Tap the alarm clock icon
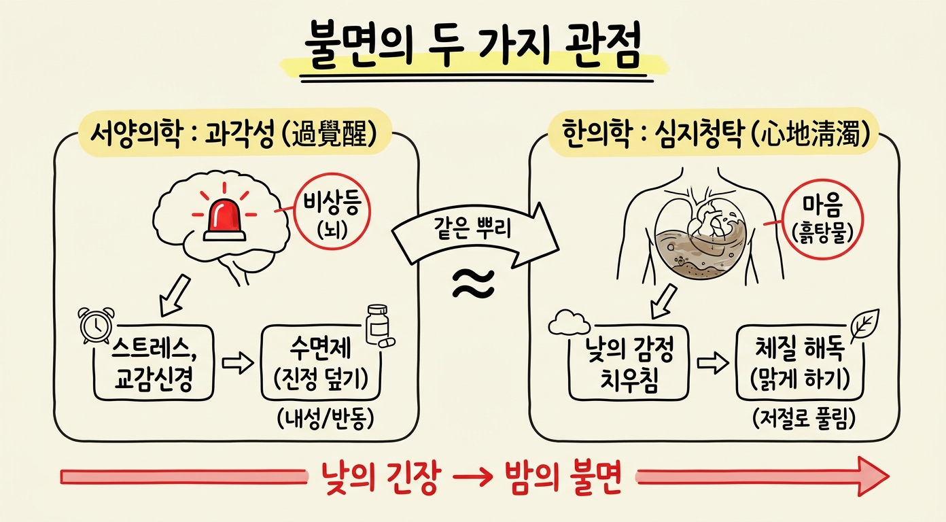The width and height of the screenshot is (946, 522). (97, 325)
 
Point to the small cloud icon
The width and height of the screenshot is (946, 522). (570, 323)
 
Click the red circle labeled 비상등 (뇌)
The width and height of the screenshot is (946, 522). (332, 211)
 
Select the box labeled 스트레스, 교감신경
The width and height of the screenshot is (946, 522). (154, 363)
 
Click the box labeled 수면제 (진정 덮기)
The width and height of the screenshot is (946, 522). (321, 363)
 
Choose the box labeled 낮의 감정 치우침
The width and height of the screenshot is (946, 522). (629, 363)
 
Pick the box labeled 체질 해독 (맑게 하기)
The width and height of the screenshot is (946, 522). (800, 363)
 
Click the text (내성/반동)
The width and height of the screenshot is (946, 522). (326, 419)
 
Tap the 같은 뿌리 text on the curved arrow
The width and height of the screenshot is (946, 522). (472, 228)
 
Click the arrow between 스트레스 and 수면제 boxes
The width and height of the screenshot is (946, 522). (238, 363)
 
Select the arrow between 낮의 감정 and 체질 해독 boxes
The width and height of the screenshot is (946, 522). (713, 363)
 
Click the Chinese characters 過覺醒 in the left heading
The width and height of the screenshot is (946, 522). (328, 135)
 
